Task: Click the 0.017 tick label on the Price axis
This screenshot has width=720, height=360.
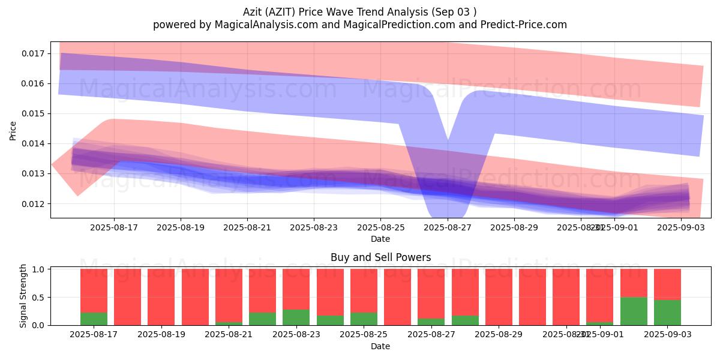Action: [x=34, y=53]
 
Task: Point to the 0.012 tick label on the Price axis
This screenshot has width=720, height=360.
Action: [x=34, y=203]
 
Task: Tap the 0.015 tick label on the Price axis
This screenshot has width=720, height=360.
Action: [x=34, y=113]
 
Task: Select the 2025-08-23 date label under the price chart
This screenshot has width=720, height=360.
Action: [x=314, y=228]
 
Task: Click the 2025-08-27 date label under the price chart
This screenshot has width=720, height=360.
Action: [x=448, y=228]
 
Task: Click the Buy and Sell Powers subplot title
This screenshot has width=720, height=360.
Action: [x=380, y=257]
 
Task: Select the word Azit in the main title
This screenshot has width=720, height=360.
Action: [x=254, y=12]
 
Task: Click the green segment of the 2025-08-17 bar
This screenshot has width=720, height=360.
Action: [x=94, y=319]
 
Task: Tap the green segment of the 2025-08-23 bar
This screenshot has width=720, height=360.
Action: [x=296, y=317]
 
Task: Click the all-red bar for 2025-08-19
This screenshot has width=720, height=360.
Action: [x=161, y=297]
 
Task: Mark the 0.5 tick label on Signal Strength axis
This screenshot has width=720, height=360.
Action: [x=39, y=297]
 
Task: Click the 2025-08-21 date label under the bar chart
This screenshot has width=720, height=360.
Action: [x=229, y=334]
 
